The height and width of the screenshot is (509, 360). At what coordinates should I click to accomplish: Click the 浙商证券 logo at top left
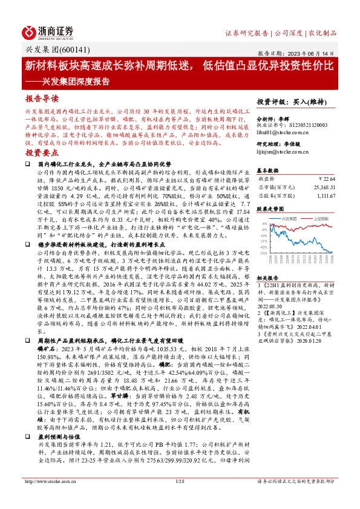(48, 31)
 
